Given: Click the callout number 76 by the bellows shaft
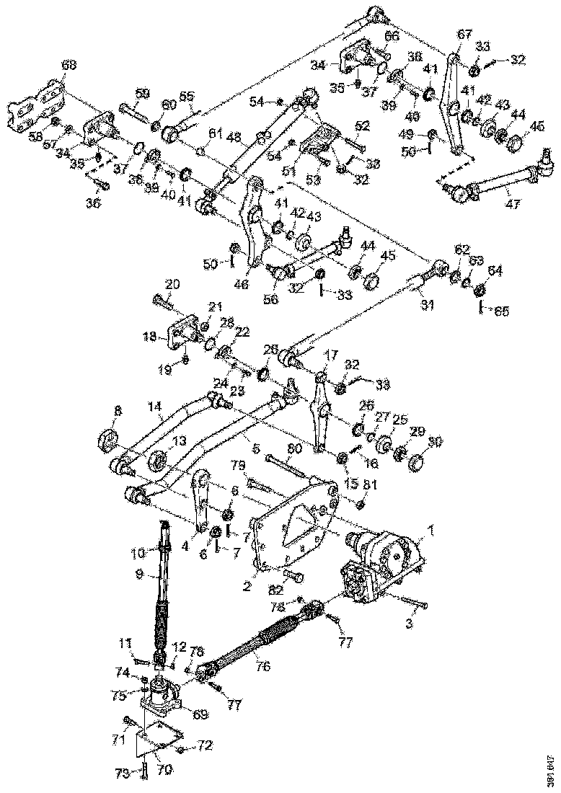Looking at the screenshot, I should tap(263, 667).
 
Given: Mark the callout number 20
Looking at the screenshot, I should tap(172, 283).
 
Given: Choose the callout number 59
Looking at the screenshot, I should tap(143, 93).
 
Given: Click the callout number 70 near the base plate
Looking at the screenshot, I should tap(164, 769).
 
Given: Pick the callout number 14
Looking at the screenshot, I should tap(156, 407).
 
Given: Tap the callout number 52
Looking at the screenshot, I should tap(362, 125).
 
